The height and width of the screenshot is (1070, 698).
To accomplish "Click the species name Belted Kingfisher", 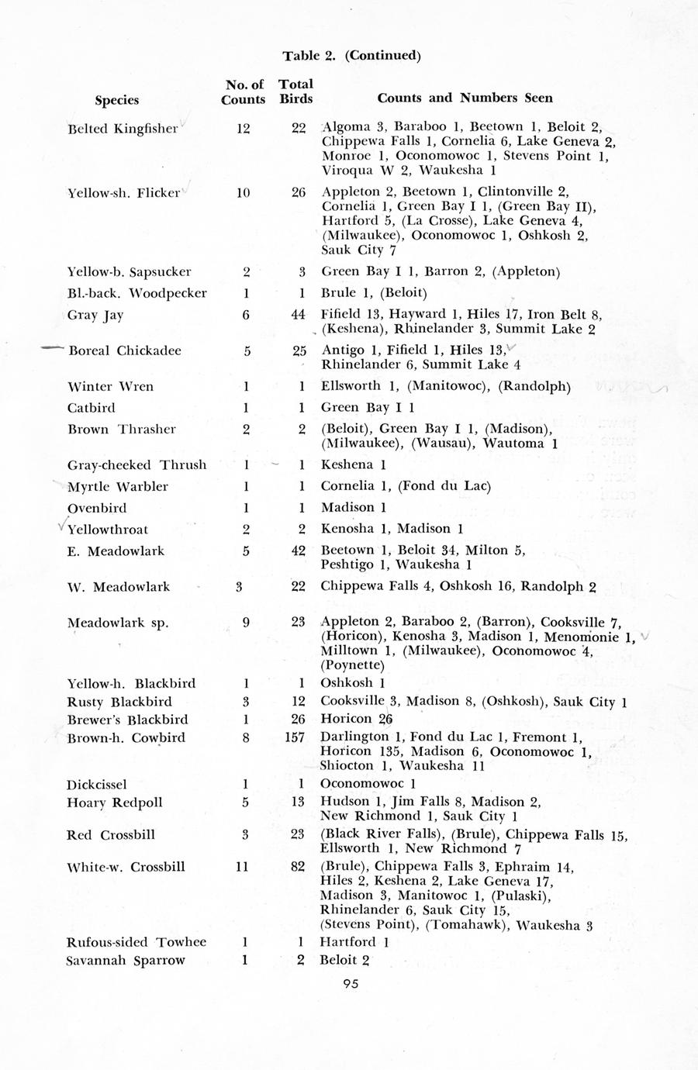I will pos(123,129).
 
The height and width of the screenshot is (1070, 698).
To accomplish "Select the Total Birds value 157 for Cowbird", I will pos(295,737).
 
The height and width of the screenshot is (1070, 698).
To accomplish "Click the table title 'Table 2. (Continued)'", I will pos(351,55).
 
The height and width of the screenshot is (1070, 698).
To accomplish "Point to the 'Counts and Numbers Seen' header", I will pos(465,98).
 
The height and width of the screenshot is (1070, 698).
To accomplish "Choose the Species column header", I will pos(117,100).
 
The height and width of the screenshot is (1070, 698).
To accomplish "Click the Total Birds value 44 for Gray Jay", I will pos(298,315).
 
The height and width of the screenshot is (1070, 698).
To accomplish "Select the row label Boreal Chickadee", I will pos(125,350).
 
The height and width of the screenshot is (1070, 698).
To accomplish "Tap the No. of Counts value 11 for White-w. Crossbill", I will pos(243,867).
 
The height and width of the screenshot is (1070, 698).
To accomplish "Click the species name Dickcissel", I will pos(96,785).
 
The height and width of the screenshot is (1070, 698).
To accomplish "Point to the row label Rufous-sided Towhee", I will pos(136,942).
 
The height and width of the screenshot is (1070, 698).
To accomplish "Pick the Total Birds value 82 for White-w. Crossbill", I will pos(298,867).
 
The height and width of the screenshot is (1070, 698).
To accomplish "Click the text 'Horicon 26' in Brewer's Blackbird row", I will pos(357,719).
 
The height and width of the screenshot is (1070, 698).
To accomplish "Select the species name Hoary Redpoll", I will pos(114,802).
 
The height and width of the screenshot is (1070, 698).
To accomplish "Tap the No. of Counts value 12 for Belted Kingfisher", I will pos(243,129).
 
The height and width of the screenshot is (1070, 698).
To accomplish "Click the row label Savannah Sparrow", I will pos(126,961).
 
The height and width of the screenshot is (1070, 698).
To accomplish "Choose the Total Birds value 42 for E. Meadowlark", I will pos(298,551).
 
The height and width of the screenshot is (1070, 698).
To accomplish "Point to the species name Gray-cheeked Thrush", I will pos(136,465).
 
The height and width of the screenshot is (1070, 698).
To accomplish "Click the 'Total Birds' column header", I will pos(296,91).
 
